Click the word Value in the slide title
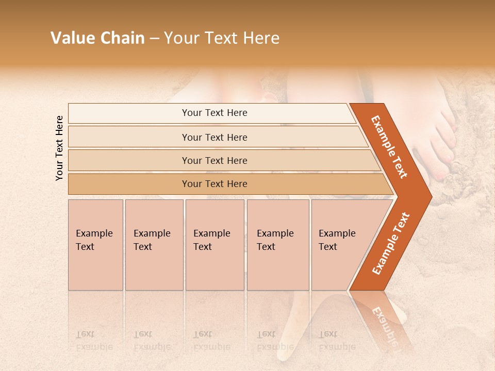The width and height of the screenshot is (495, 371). click(72, 38)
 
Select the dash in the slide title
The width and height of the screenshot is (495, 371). click(154, 39)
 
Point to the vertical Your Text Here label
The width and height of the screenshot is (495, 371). click(59, 148)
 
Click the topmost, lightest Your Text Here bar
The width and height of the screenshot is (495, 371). click(214, 113)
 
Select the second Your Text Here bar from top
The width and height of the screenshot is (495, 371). click(214, 137)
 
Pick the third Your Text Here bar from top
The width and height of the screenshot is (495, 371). click(214, 160)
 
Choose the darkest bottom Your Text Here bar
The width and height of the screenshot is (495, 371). click(214, 184)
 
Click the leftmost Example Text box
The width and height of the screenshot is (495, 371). click(95, 245)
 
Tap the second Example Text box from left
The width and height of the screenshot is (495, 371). click(154, 245)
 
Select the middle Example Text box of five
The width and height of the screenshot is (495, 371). click(214, 245)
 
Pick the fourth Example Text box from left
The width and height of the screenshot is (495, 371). click(277, 245)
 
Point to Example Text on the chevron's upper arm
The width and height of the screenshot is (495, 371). click(389, 147)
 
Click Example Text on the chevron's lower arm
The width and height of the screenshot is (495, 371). click(391, 244)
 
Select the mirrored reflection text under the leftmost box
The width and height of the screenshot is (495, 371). click(94, 341)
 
